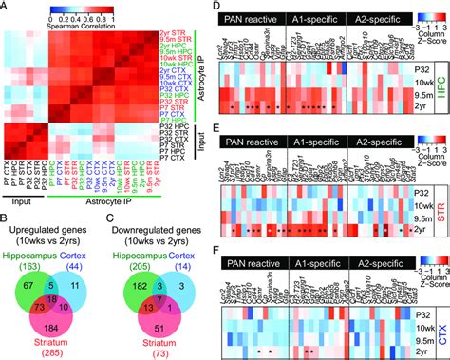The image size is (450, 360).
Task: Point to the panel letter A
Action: click(x=7, y=7)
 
